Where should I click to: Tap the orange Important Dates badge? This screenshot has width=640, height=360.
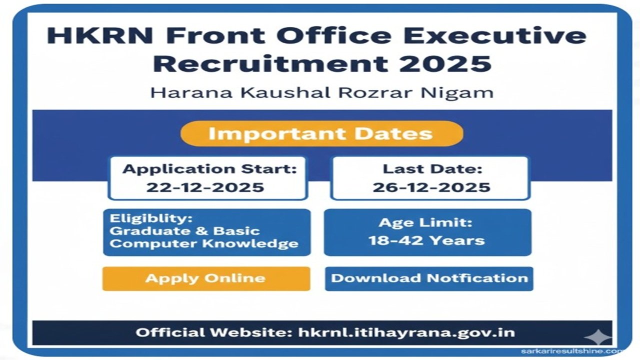321,133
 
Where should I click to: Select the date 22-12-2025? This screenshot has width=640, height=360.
205,187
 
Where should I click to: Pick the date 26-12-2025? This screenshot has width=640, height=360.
431,187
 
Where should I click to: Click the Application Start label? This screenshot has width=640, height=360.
209,169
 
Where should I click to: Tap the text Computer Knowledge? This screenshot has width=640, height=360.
203,244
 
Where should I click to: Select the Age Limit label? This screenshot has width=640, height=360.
425,222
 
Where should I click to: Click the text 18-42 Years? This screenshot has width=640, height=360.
426,240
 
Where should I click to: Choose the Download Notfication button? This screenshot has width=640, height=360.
429,278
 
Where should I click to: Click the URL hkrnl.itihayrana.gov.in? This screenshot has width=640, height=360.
406,332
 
